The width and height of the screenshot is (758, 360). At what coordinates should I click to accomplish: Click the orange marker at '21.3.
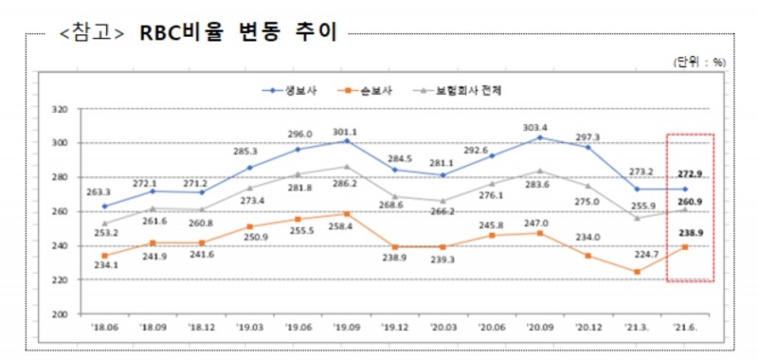pos(637,272)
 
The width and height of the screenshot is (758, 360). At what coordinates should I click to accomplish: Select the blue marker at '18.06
pos(104,206)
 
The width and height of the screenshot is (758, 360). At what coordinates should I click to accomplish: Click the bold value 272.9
pos(690,174)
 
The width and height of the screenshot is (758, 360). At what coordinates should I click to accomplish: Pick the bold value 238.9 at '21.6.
pos(690,232)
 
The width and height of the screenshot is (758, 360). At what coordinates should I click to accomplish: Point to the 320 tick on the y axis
pos(60,109)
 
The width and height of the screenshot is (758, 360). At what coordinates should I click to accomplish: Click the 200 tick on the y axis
pos(60,314)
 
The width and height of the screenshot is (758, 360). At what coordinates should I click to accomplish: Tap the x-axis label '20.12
pos(587,329)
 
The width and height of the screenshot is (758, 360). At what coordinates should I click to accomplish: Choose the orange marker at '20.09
pos(540,233)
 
